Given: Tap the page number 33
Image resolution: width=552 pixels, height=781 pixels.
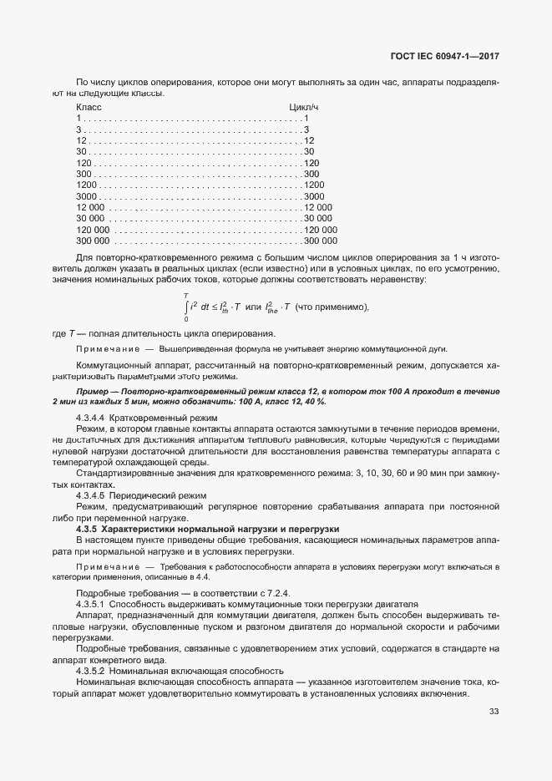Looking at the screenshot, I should (494, 712).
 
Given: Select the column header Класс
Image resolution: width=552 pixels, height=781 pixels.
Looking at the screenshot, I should (89, 108).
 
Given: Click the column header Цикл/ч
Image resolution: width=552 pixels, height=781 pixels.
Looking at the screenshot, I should (304, 108).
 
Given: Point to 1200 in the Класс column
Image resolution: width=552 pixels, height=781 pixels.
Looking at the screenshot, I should (87, 184).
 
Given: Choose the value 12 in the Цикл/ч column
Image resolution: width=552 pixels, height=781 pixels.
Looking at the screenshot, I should (309, 140).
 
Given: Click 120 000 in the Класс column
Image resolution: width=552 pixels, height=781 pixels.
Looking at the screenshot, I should (93, 228).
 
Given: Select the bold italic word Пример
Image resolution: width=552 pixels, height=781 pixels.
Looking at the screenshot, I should (93, 392).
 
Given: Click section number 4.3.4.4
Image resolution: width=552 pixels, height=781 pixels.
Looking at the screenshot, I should (90, 417).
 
